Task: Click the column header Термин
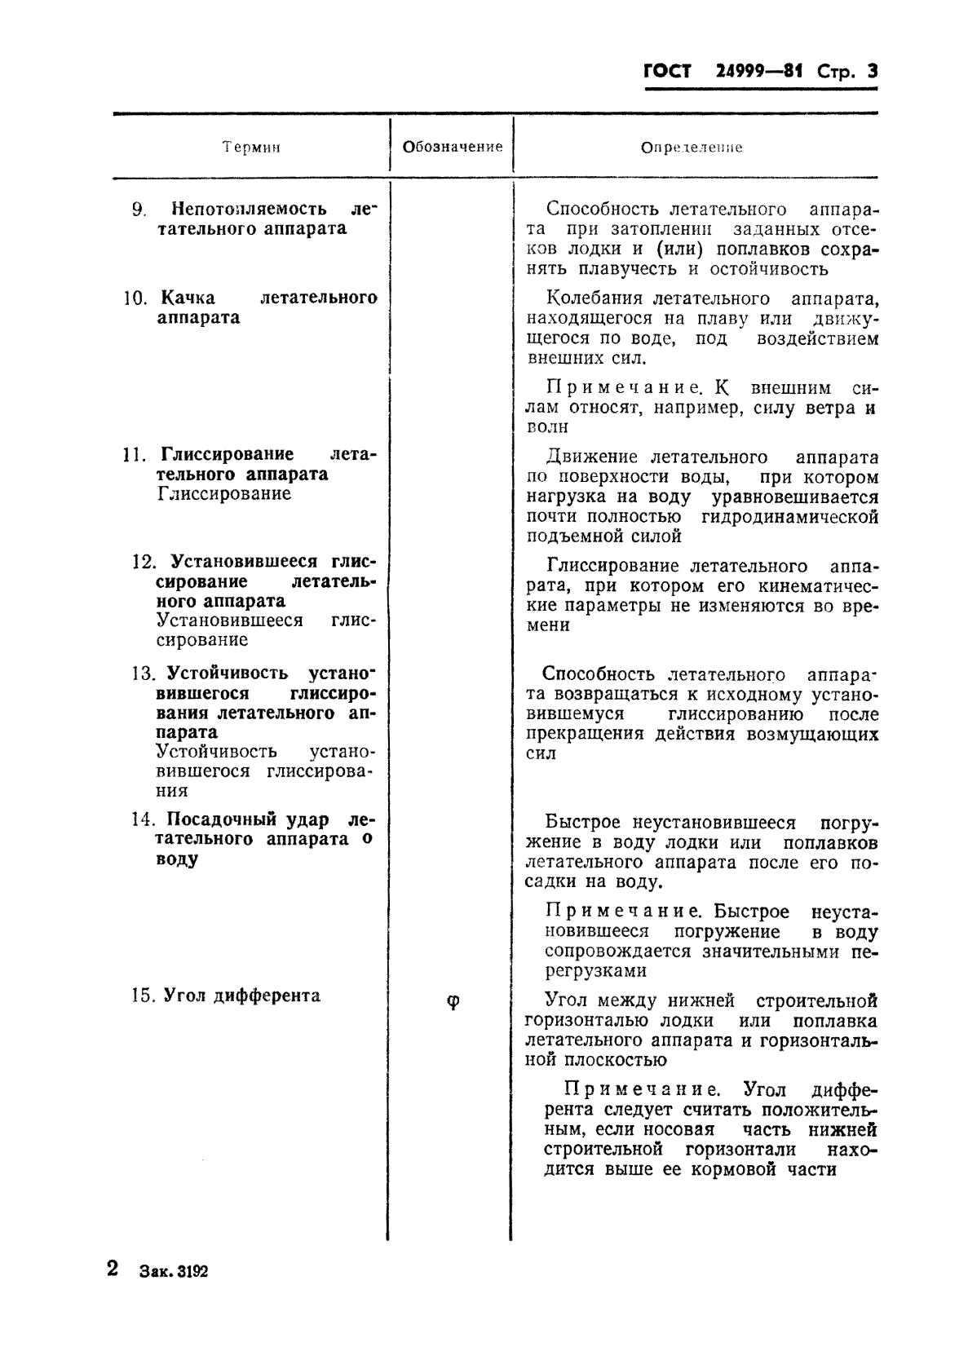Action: pyautogui.click(x=251, y=148)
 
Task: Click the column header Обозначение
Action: pyautogui.click(x=453, y=147)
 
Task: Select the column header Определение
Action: pyautogui.click(x=691, y=148)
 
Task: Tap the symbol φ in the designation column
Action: pyautogui.click(x=453, y=1002)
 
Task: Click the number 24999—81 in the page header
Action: pyautogui.click(x=758, y=71)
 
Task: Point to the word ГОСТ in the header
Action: pyautogui.click(x=667, y=72)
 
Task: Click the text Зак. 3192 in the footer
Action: pyautogui.click(x=174, y=1272)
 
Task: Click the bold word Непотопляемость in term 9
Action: pyautogui.click(x=249, y=209)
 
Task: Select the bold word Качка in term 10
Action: pyautogui.click(x=188, y=298)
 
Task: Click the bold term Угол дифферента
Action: pyautogui.click(x=242, y=996)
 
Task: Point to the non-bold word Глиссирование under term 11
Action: pyautogui.click(x=224, y=493)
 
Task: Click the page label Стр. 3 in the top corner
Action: pyautogui.click(x=847, y=72)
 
